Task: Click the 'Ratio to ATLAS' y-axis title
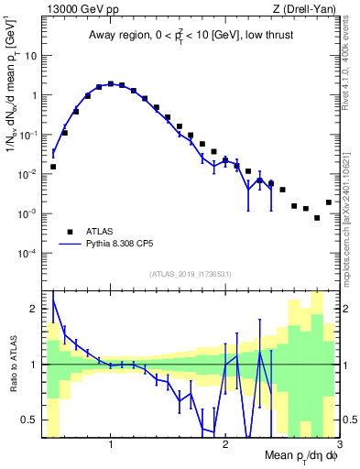(x=12, y=364)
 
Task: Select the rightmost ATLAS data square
(x=329, y=202)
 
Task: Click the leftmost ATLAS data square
(x=53, y=167)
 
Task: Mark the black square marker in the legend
(x=70, y=231)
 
